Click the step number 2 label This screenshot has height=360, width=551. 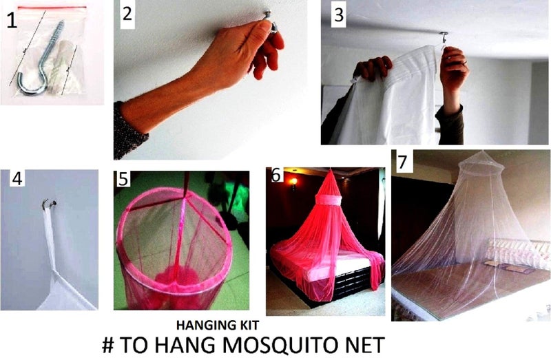(x=129, y=13)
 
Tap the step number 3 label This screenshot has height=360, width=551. (x=337, y=15)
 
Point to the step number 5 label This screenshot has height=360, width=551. (x=123, y=180)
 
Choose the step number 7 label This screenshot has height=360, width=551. (x=402, y=161)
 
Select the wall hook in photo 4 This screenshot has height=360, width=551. (x=49, y=203)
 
